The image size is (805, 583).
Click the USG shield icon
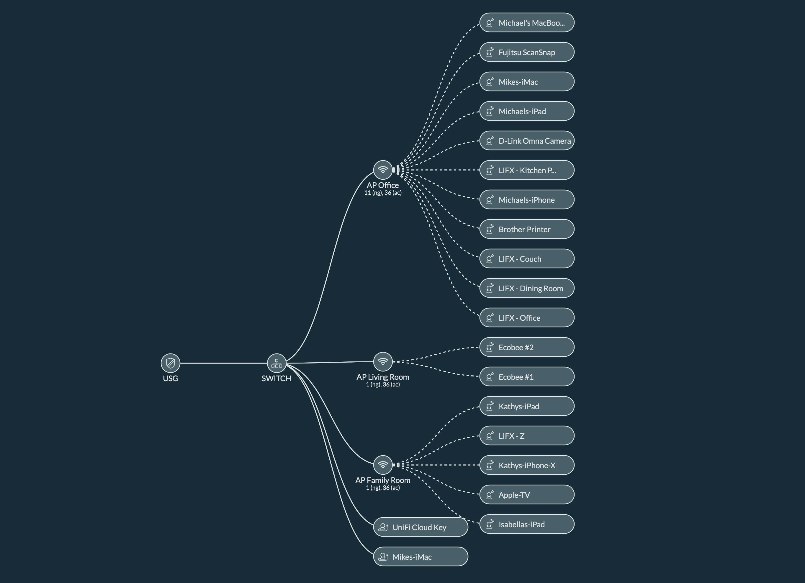[x=170, y=363]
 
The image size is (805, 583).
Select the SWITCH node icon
[x=276, y=363]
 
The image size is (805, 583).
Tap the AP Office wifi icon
[x=383, y=170]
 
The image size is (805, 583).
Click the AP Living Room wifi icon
[x=383, y=362]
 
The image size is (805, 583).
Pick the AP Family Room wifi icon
[x=383, y=465]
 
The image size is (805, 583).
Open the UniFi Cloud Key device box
[x=421, y=527]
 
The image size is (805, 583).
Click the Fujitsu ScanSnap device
[x=527, y=52]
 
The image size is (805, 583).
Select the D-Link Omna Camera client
[x=527, y=140]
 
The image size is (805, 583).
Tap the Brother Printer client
[x=527, y=229]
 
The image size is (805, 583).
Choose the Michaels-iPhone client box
[x=527, y=199]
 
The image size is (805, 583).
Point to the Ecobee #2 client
[x=527, y=347]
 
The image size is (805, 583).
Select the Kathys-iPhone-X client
[x=527, y=465]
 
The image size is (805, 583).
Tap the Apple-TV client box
[x=527, y=494]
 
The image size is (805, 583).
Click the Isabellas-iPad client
[x=527, y=524]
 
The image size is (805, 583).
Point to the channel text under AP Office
[x=383, y=193]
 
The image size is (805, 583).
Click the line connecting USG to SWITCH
[x=224, y=363]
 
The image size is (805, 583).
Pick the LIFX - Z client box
[x=527, y=435]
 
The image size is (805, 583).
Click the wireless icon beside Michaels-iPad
[x=490, y=111]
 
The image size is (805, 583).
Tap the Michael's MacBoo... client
[x=527, y=23]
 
